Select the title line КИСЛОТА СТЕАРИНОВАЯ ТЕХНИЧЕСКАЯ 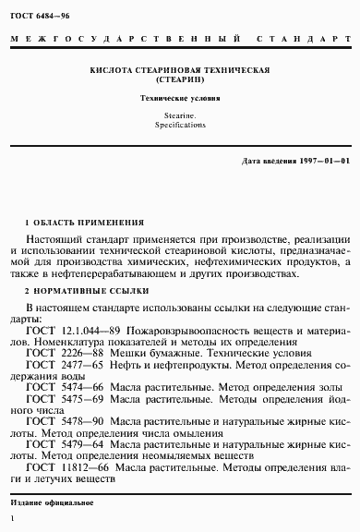pyautogui.click(x=179, y=70)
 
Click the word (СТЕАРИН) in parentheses pyautogui.click(x=179, y=79)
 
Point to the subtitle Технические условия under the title pyautogui.click(x=179, y=97)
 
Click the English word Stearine pyautogui.click(x=179, y=115)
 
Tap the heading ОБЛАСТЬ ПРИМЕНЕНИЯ pyautogui.click(x=88, y=223)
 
